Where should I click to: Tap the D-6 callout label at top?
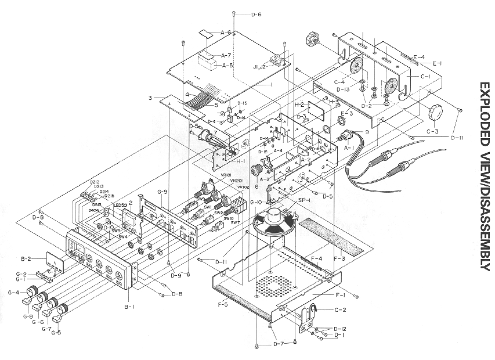pyautogui.click(x=255, y=14)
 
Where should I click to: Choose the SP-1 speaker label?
pyautogui.click(x=301, y=199)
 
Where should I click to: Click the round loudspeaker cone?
pyautogui.click(x=272, y=223)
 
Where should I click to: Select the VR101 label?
pyautogui.click(x=226, y=174)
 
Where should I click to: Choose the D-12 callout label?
pyautogui.click(x=340, y=329)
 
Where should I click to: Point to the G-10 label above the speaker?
pyautogui.click(x=255, y=201)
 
